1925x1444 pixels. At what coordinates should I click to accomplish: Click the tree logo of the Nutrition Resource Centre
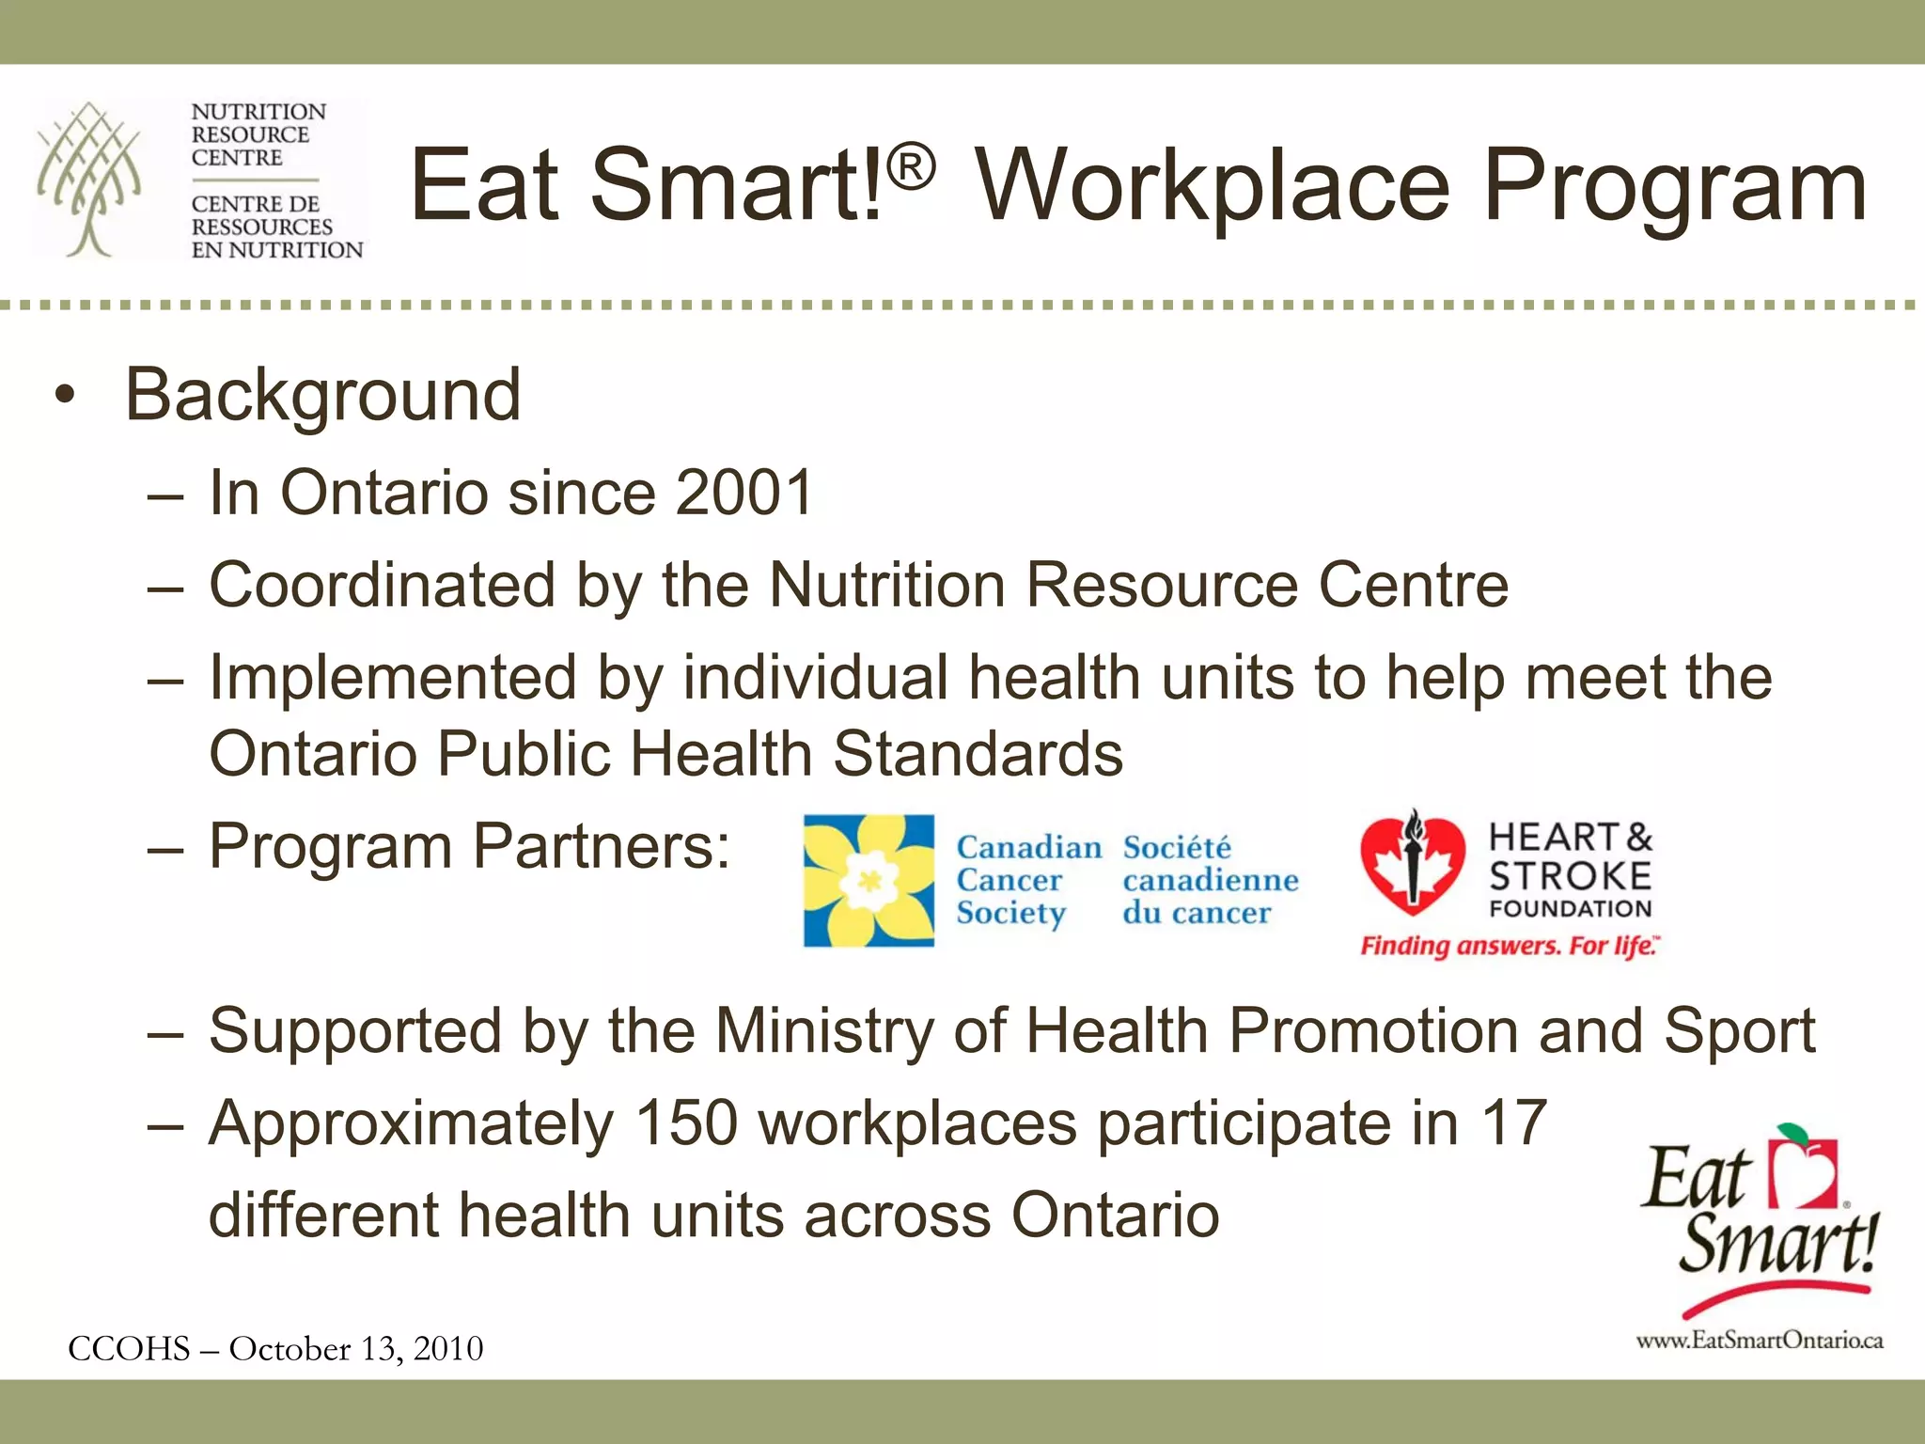tap(89, 179)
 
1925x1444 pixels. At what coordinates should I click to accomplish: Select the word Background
tap(322, 395)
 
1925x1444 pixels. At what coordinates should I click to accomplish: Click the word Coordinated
tap(382, 585)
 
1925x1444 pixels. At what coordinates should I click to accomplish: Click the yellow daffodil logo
tap(869, 880)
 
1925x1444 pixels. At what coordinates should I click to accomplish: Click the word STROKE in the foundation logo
tap(1570, 876)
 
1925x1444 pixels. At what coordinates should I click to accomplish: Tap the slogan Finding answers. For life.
tap(1510, 945)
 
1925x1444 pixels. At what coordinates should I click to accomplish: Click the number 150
tap(686, 1122)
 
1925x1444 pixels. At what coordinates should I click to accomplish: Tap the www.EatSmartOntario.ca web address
tap(1759, 1341)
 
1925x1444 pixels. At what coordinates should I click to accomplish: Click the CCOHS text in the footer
tap(129, 1349)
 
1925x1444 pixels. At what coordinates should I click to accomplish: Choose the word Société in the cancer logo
tap(1177, 847)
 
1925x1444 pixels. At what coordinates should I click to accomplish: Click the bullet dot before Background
tap(64, 396)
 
